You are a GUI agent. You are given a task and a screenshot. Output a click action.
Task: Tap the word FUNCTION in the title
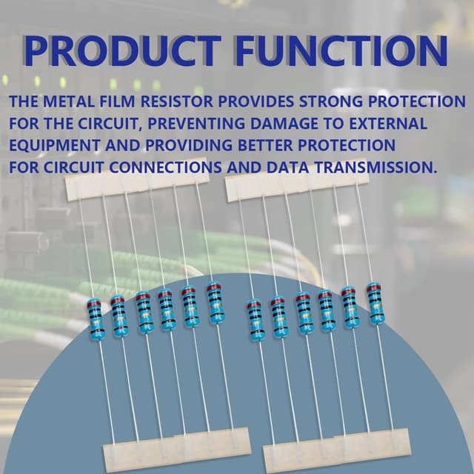tap(341, 51)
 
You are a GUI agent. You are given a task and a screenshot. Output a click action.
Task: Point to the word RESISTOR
tap(177, 101)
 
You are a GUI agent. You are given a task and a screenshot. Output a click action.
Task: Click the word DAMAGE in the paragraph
tap(284, 124)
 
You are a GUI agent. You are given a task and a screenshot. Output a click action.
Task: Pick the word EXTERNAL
tap(388, 124)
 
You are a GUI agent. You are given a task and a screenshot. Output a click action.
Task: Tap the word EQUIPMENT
tap(55, 145)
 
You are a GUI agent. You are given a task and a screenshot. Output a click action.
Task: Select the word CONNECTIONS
tap(165, 167)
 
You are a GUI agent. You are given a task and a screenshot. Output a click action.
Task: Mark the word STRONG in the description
tap(331, 101)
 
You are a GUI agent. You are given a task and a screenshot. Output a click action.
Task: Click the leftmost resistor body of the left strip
tap(96, 319)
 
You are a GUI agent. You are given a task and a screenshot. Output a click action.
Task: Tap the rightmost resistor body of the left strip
tap(216, 304)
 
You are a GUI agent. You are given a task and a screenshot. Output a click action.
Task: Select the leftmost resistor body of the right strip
tap(256, 321)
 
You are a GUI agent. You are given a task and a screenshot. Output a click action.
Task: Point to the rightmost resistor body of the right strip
tap(375, 304)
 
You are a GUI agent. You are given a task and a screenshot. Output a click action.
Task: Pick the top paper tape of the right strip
tap(298, 180)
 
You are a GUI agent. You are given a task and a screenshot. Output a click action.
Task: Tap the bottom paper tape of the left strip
tap(178, 450)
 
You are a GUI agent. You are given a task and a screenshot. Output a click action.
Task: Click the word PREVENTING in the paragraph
tap(196, 124)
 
